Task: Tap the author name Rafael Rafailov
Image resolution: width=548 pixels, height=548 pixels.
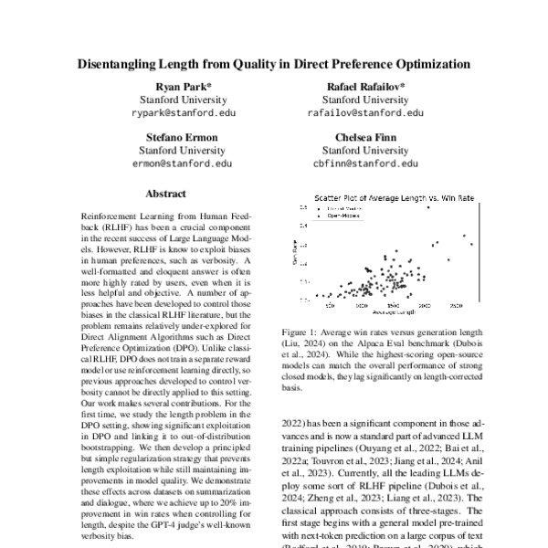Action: coord(365,86)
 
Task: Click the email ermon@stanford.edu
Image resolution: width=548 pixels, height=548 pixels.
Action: coord(177,163)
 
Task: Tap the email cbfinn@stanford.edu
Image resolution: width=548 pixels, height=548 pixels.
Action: coord(365,163)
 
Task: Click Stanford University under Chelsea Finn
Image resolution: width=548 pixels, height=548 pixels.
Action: coord(365,150)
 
